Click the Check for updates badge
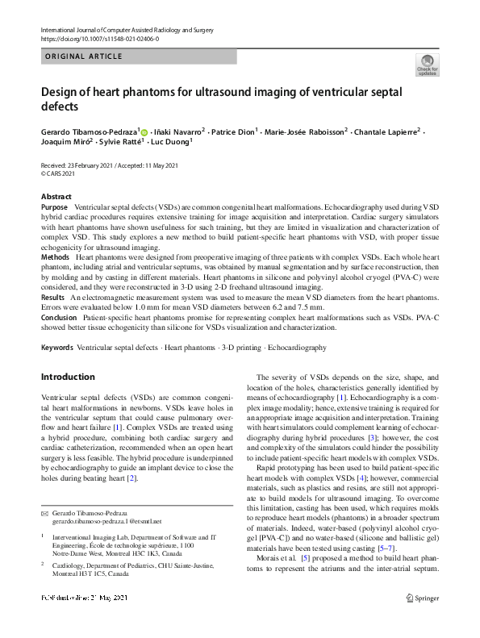(x=427, y=65)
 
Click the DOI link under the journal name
(x=99, y=39)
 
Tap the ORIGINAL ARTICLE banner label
(x=84, y=56)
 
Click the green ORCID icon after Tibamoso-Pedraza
(x=144, y=131)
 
